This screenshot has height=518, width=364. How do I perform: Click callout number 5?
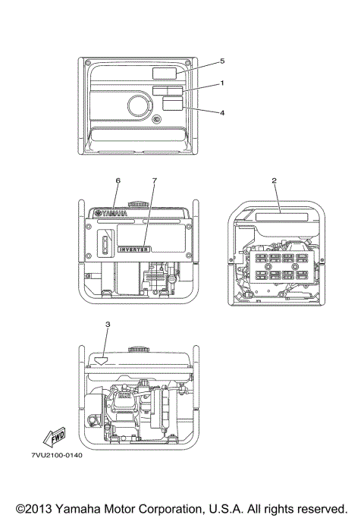[x=222, y=60]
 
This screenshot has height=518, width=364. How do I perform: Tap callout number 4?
[x=222, y=113]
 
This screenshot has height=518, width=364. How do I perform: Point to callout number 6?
[x=118, y=181]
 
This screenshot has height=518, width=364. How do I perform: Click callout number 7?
[x=154, y=181]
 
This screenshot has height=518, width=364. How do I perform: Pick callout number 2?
[x=274, y=181]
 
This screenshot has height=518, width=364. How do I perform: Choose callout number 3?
[x=108, y=325]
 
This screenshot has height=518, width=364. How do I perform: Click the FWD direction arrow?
[x=54, y=438]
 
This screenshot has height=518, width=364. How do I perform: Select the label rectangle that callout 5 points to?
[x=165, y=73]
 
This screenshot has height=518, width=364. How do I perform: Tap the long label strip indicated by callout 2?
[x=278, y=217]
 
